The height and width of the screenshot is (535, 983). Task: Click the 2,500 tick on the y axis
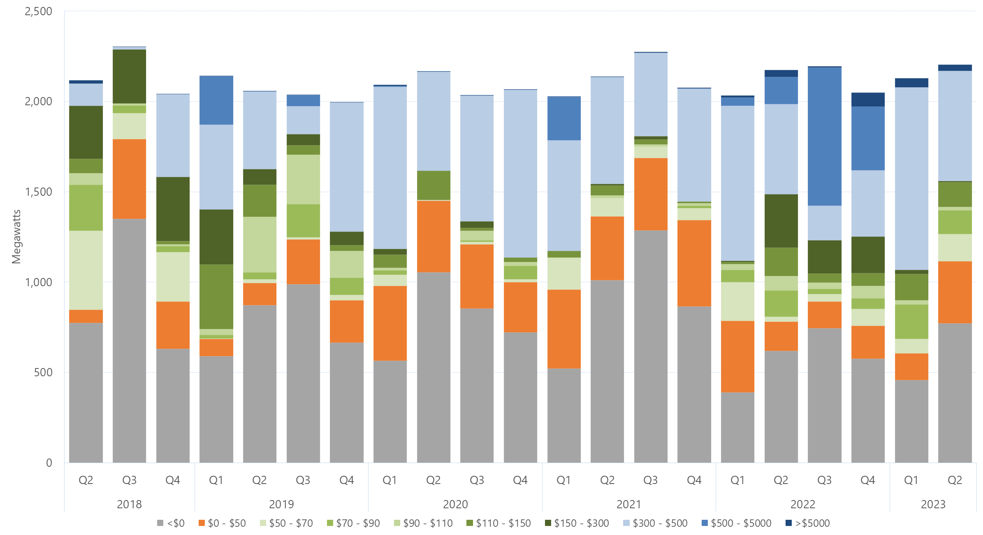(38, 12)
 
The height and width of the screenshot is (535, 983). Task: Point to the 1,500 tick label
(38, 192)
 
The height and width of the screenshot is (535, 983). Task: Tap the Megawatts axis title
(16, 237)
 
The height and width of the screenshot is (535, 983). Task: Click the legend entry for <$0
(171, 523)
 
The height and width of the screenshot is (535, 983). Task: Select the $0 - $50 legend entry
(222, 523)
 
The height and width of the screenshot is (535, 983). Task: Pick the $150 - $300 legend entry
(577, 523)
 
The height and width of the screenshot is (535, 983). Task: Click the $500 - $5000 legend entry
(736, 523)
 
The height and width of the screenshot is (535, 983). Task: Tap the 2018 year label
(129, 504)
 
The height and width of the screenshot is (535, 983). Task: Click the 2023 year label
(933, 504)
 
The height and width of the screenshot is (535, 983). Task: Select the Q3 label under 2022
(824, 480)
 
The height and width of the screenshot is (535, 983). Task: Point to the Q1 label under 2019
(216, 480)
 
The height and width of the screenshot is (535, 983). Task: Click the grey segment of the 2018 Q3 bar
(129, 341)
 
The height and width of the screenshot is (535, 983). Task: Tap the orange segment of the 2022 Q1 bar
(737, 357)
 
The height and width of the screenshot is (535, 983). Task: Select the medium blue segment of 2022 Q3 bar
(824, 136)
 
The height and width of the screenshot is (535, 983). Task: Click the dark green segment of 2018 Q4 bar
(173, 209)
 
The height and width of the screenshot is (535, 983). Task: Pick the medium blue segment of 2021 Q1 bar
(564, 118)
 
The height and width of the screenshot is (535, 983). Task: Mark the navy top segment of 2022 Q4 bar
(868, 100)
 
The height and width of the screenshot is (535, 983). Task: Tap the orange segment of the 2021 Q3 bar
(651, 194)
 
